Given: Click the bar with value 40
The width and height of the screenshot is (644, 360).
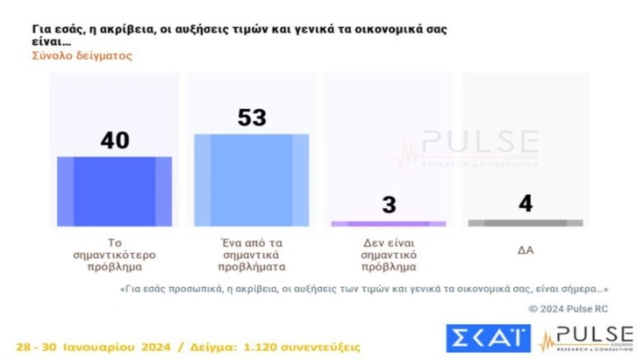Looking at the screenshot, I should (115, 191).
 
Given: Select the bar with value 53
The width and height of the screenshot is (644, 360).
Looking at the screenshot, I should (251, 180).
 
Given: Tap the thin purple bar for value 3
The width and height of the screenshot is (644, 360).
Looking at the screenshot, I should (389, 224).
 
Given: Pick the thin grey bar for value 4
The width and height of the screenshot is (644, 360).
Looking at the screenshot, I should (525, 224).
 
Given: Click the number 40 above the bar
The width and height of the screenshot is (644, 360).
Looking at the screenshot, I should (115, 139).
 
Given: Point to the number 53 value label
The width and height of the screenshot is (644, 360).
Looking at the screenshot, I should (251, 117).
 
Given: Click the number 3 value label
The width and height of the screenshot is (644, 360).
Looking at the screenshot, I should (389, 205).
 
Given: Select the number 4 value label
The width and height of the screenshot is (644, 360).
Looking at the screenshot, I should (525, 205).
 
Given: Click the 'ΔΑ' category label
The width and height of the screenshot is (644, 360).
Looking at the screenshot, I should (525, 248).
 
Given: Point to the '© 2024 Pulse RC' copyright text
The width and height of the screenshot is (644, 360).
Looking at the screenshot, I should (569, 308).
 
